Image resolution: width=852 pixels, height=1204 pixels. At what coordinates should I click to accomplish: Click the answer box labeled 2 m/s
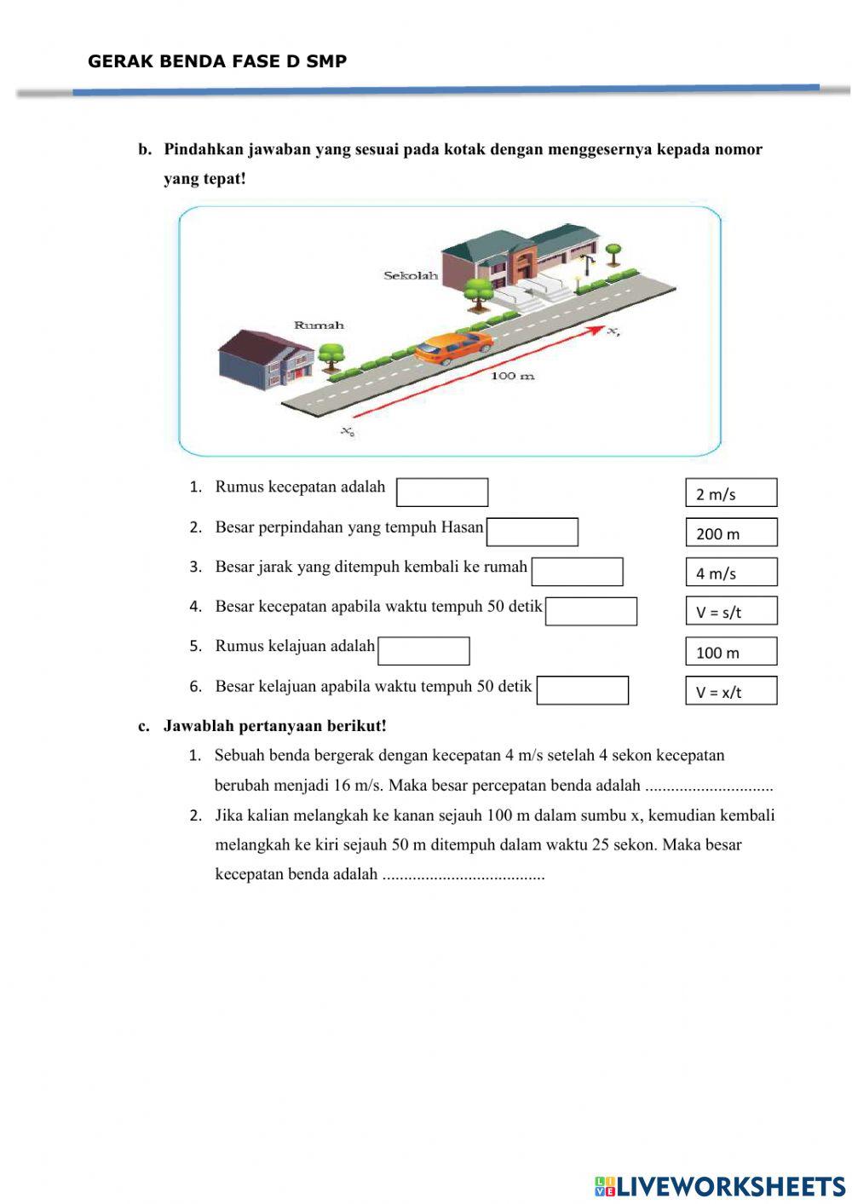point(731,493)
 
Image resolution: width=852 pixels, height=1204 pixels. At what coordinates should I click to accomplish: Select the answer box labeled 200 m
point(731,533)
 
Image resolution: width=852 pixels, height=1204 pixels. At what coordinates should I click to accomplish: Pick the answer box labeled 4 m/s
point(731,572)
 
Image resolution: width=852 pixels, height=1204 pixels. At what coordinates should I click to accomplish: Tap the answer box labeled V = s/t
point(731,611)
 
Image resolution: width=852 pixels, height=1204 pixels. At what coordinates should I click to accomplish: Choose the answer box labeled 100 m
point(731,652)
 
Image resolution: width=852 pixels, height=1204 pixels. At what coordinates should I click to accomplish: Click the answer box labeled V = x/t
point(731,691)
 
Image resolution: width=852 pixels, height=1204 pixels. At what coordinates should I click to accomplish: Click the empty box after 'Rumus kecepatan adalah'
point(442,493)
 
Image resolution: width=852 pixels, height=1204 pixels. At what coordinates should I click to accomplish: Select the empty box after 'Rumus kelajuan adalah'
point(423,651)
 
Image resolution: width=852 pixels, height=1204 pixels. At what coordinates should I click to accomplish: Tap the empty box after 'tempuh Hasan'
point(532,533)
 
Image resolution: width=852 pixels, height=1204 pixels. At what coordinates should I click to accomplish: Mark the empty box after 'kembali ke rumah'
point(578,572)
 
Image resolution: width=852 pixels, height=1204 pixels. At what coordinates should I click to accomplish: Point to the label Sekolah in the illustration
point(410,275)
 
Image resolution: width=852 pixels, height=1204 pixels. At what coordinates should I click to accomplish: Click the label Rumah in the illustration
point(319,325)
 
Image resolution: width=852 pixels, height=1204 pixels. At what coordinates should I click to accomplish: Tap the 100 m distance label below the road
point(513,376)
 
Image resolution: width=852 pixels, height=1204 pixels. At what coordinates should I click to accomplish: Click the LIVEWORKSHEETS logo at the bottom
point(720,1186)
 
